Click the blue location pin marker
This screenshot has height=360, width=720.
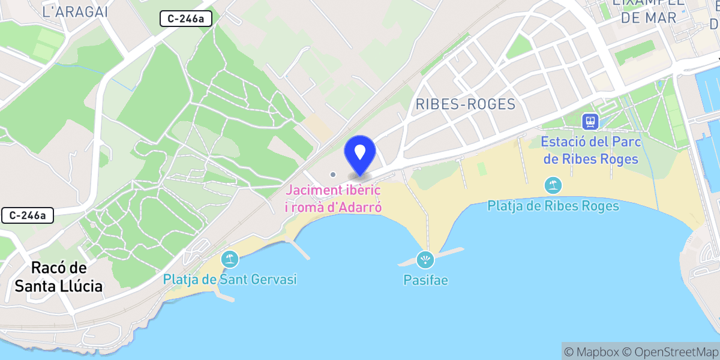click(360, 153)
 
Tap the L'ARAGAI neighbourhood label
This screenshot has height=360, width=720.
click(75, 11)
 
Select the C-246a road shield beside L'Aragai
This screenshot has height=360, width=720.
click(186, 19)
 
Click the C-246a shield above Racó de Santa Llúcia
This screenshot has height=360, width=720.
click(28, 215)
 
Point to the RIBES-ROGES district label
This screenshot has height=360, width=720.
click(465, 104)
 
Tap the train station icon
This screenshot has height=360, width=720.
click(591, 122)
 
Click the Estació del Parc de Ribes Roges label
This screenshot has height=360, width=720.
click(591, 151)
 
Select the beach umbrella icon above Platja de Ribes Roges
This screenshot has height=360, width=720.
click(553, 185)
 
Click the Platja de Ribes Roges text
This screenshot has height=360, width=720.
click(553, 206)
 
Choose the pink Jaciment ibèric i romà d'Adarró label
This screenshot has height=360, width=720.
click(334, 199)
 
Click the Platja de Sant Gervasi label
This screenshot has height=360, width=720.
click(230, 280)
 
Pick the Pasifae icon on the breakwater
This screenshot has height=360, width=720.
click(425, 260)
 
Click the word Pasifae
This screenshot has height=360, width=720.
click(425, 280)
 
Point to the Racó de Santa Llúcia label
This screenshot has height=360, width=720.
click(58, 277)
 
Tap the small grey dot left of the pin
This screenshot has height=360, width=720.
click(333, 175)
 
